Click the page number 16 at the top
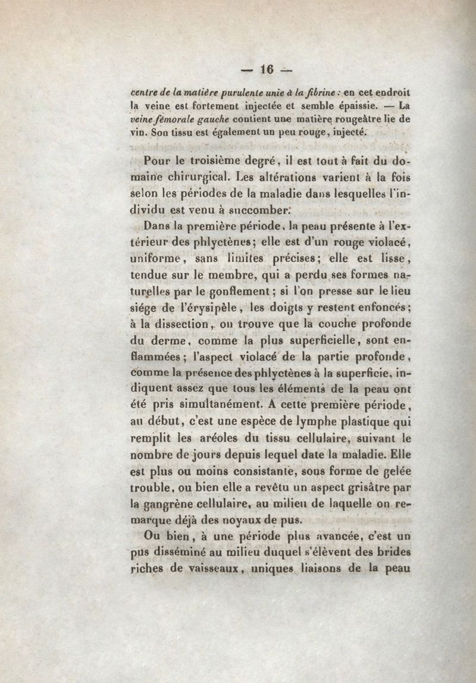tap(266, 70)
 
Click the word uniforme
tap(156, 259)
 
